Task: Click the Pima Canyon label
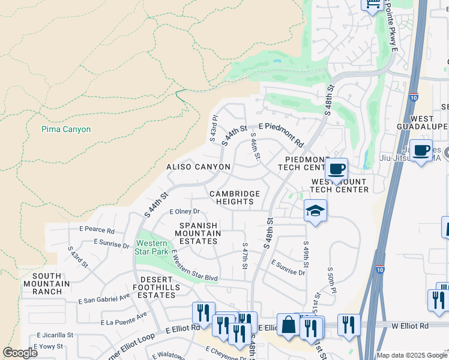click(66, 129)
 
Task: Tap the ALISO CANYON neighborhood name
click(199, 167)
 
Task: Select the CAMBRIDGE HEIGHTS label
click(234, 198)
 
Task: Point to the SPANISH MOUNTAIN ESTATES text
click(197, 233)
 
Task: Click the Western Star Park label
click(152, 247)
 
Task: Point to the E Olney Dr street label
click(184, 212)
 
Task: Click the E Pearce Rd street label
click(96, 230)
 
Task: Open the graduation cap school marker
click(315, 211)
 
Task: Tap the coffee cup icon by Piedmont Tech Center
click(336, 169)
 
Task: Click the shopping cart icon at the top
click(372, 4)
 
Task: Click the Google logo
click(20, 352)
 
